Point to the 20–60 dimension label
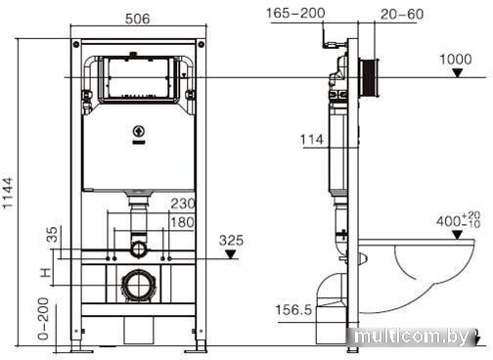(401, 13)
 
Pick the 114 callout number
(312, 140)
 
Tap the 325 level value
(231, 238)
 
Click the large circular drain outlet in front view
(137, 288)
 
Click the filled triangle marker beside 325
(231, 255)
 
